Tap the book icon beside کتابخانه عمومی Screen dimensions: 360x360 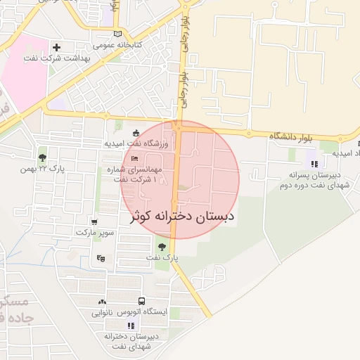[117, 33]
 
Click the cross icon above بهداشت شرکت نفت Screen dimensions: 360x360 [57, 48]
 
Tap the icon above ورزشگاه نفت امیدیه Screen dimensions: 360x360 [136, 134]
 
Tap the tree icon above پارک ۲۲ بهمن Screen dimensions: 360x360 [42, 157]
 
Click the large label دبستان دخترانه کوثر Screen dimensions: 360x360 [181, 217]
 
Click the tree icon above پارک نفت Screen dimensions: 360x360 [162, 247]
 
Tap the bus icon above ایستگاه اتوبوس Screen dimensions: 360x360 [142, 301]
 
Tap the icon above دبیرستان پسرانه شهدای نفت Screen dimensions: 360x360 [313, 164]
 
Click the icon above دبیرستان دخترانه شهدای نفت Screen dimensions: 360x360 [131, 325]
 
